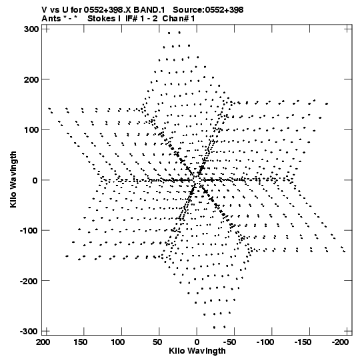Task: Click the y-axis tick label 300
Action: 31,29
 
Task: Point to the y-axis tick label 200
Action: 31,79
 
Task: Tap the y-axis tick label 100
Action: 31,130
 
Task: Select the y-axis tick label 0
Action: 35,180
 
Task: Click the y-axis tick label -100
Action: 29,230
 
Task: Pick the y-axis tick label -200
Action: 29,281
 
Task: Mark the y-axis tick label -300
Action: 29,331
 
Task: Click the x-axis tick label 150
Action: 81,342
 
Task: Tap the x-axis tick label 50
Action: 158,342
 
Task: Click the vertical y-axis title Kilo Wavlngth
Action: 13,179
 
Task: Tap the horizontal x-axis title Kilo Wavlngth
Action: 197,351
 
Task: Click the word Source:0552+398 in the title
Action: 208,10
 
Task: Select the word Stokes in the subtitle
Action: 101,19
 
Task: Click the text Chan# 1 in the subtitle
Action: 179,19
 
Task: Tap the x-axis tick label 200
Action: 43,342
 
